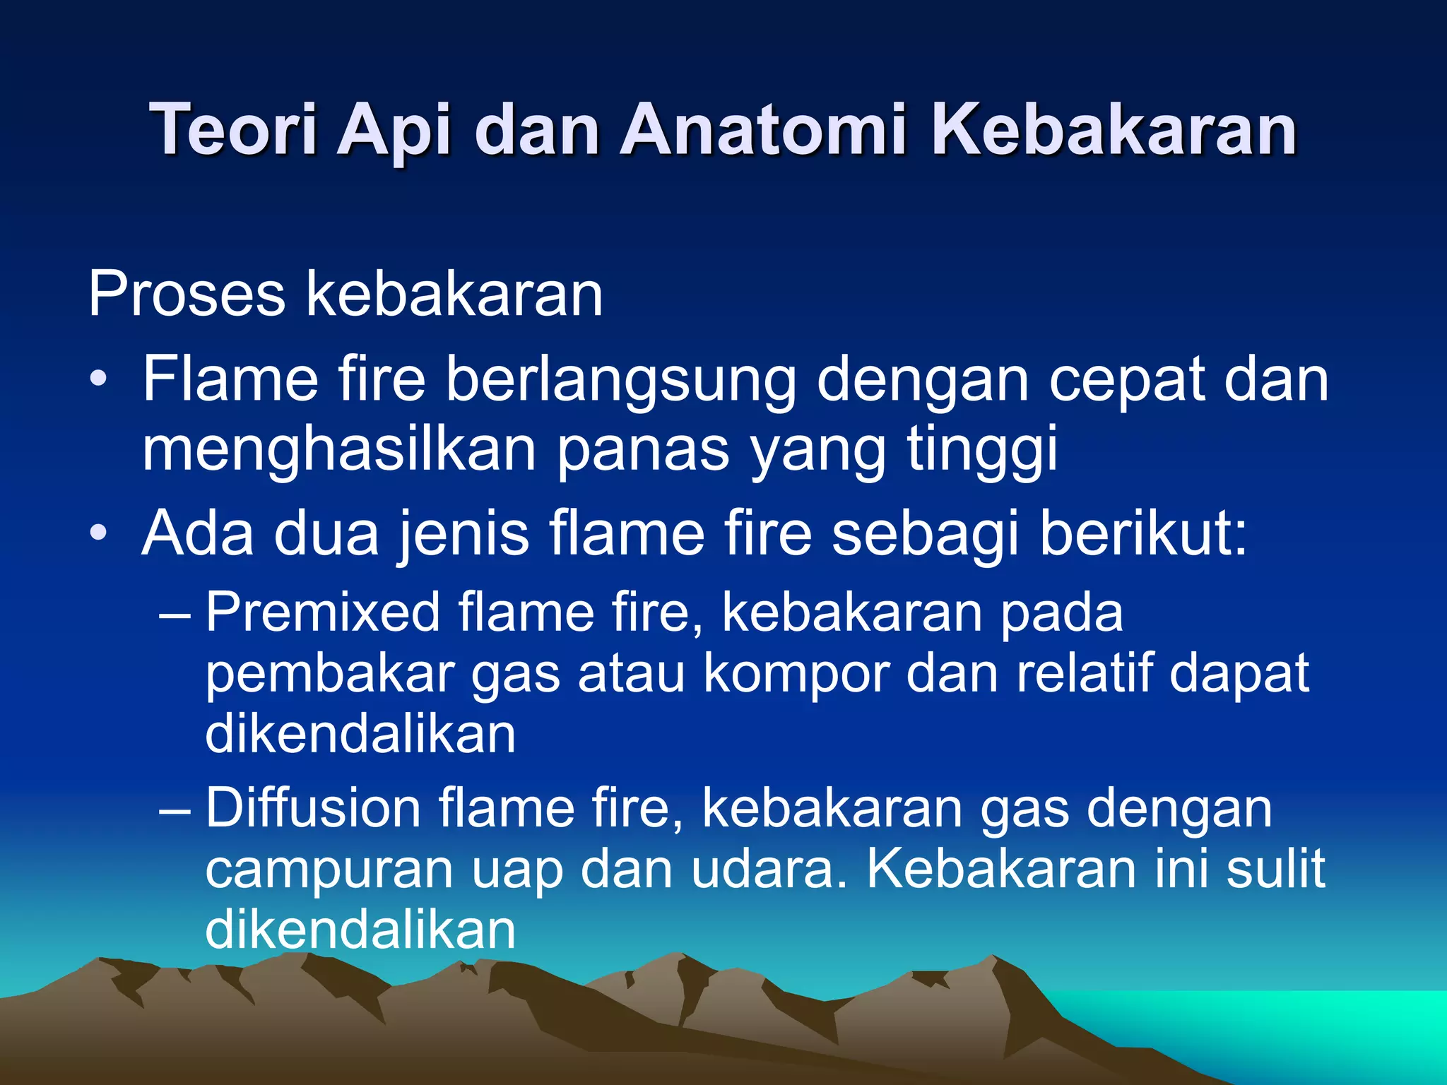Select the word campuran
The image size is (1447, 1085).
coord(329,870)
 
